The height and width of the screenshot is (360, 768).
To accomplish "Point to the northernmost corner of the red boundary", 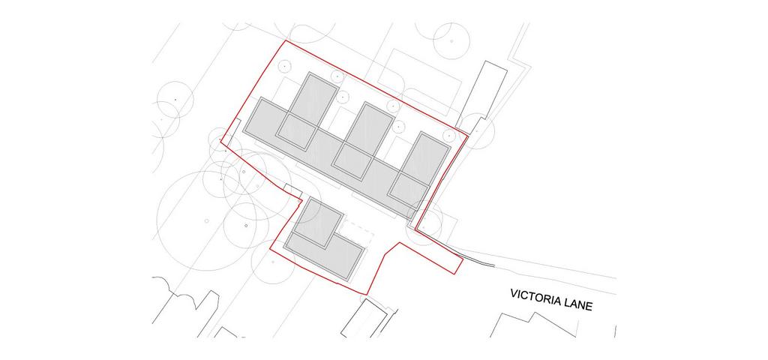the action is tap(286, 40).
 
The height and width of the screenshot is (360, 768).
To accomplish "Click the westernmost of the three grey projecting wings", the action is tap(307, 111).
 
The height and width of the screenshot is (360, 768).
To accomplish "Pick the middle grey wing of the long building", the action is tap(363, 141).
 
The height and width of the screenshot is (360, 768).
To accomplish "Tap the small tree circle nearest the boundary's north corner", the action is tap(284, 66).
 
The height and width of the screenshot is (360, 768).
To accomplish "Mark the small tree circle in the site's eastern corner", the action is tap(448, 135).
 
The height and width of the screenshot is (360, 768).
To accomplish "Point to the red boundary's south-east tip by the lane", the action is tap(463, 259).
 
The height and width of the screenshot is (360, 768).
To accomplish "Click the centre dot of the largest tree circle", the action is tap(207, 221).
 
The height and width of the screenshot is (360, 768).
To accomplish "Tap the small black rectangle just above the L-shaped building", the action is tap(293, 190).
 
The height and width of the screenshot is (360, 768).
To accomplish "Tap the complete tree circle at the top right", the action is tap(451, 41).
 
